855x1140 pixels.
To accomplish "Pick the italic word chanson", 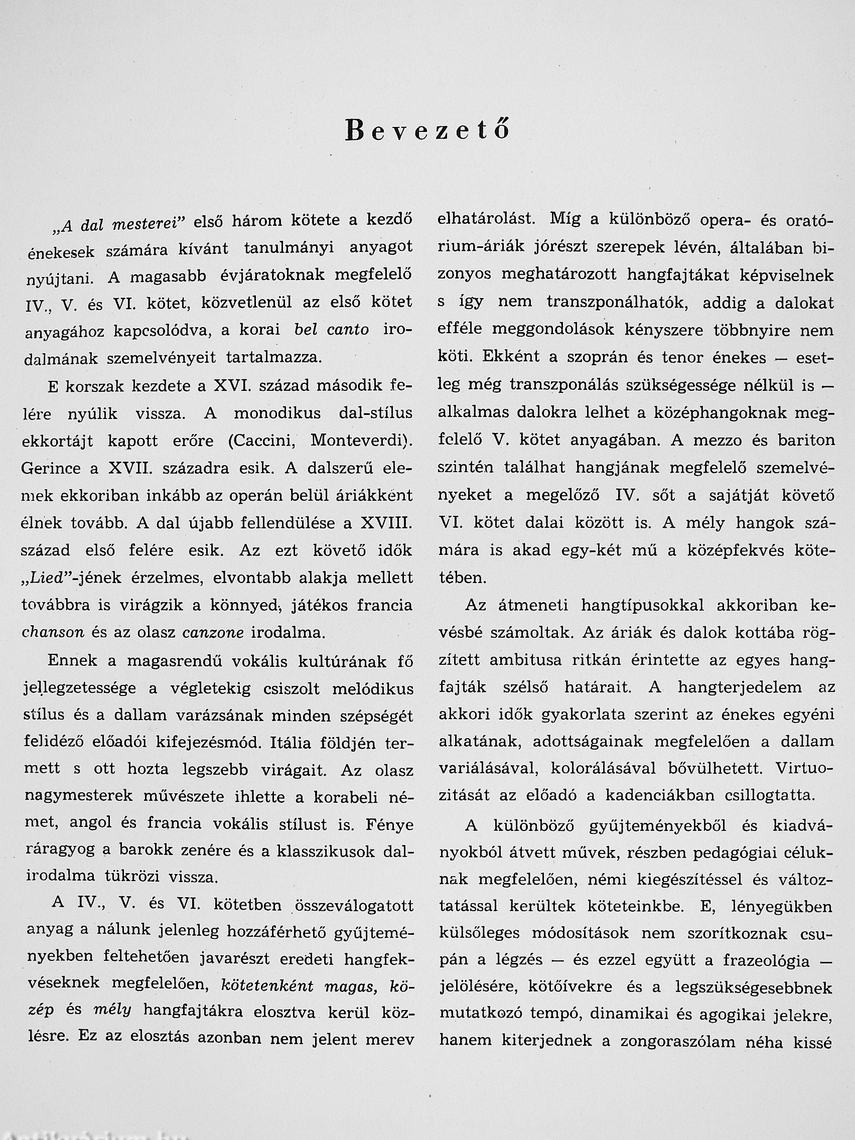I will (53, 633).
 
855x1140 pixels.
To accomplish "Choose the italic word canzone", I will (213, 633).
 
